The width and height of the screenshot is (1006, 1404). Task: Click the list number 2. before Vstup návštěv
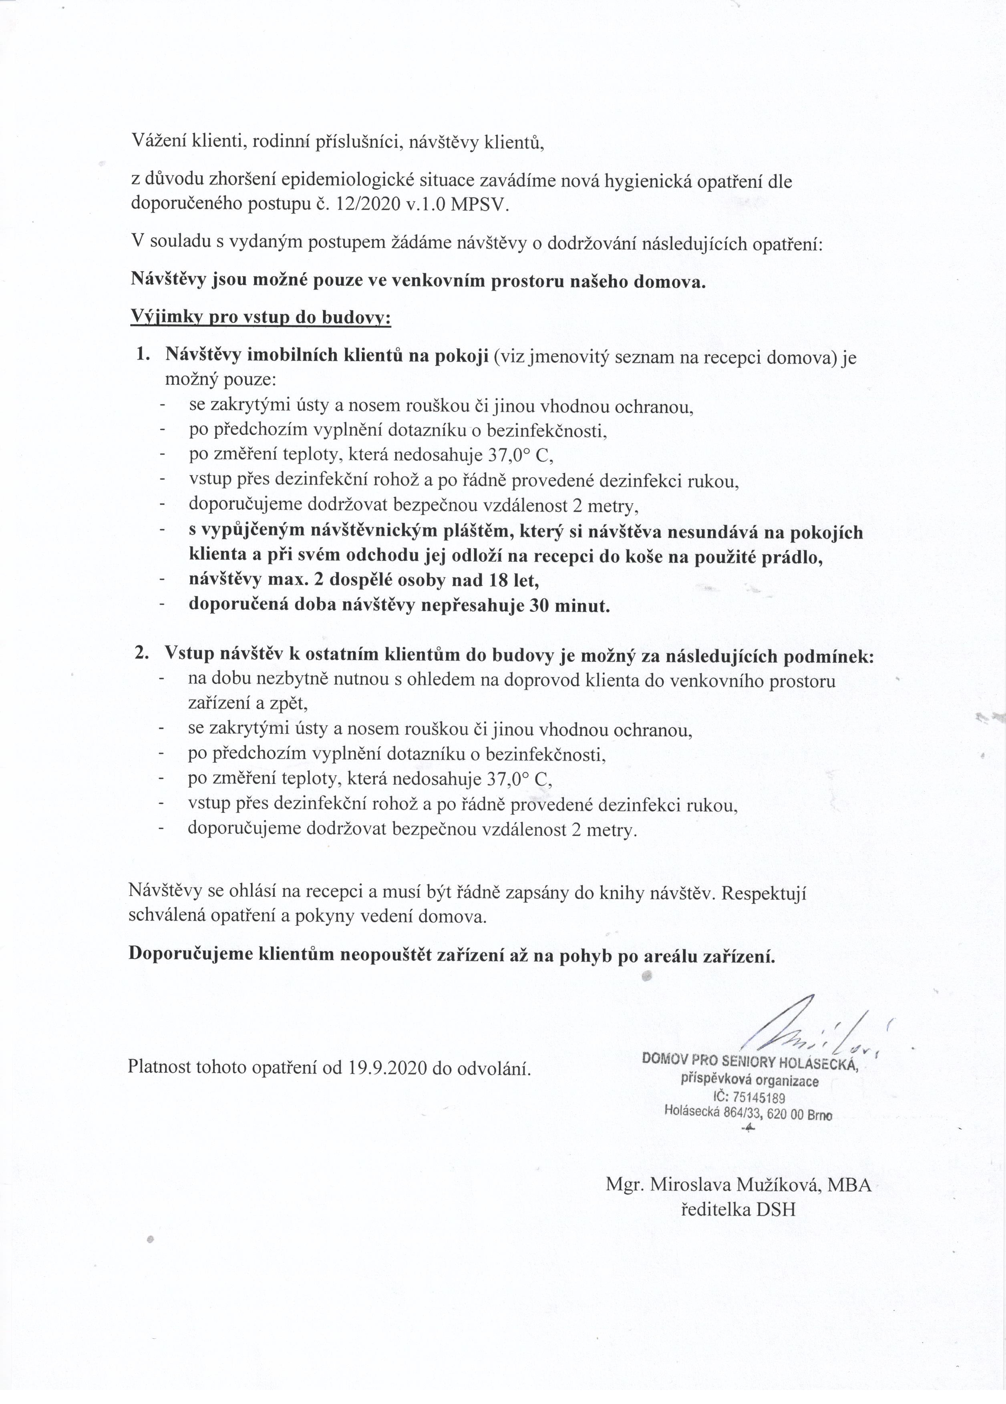[x=143, y=654]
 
